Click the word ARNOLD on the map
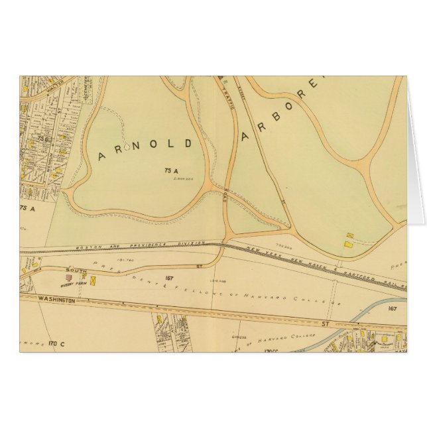146,149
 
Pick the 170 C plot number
56,343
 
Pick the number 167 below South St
170,276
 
